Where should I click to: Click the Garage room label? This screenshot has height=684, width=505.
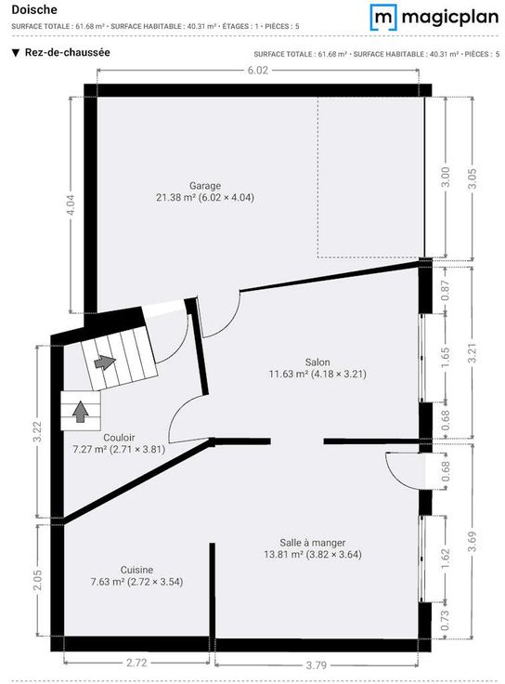(205, 186)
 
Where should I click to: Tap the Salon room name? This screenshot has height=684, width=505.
(317, 362)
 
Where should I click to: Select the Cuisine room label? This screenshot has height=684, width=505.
(136, 570)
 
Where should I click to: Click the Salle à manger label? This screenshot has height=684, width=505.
(313, 543)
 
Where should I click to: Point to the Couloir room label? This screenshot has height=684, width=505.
(119, 438)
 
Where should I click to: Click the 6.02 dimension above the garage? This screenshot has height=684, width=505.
(258, 71)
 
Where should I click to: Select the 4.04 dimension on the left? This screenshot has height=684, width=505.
(71, 204)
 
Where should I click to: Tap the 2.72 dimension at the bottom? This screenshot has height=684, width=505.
(136, 663)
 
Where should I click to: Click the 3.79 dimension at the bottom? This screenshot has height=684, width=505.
(316, 665)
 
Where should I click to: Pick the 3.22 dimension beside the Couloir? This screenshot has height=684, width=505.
(37, 431)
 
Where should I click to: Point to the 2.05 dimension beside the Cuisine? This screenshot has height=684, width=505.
(37, 580)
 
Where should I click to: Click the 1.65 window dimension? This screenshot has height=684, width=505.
(446, 357)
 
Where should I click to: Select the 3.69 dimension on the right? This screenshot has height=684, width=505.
(473, 542)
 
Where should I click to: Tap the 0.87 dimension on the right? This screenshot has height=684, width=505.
(446, 290)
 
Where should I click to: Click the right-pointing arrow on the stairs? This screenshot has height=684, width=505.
(105, 362)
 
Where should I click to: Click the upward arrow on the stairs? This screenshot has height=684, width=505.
(80, 412)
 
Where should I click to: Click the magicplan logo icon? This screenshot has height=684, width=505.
(383, 18)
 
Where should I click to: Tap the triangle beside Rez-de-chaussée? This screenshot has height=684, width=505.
(16, 53)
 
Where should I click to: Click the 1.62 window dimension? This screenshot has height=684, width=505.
(446, 559)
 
